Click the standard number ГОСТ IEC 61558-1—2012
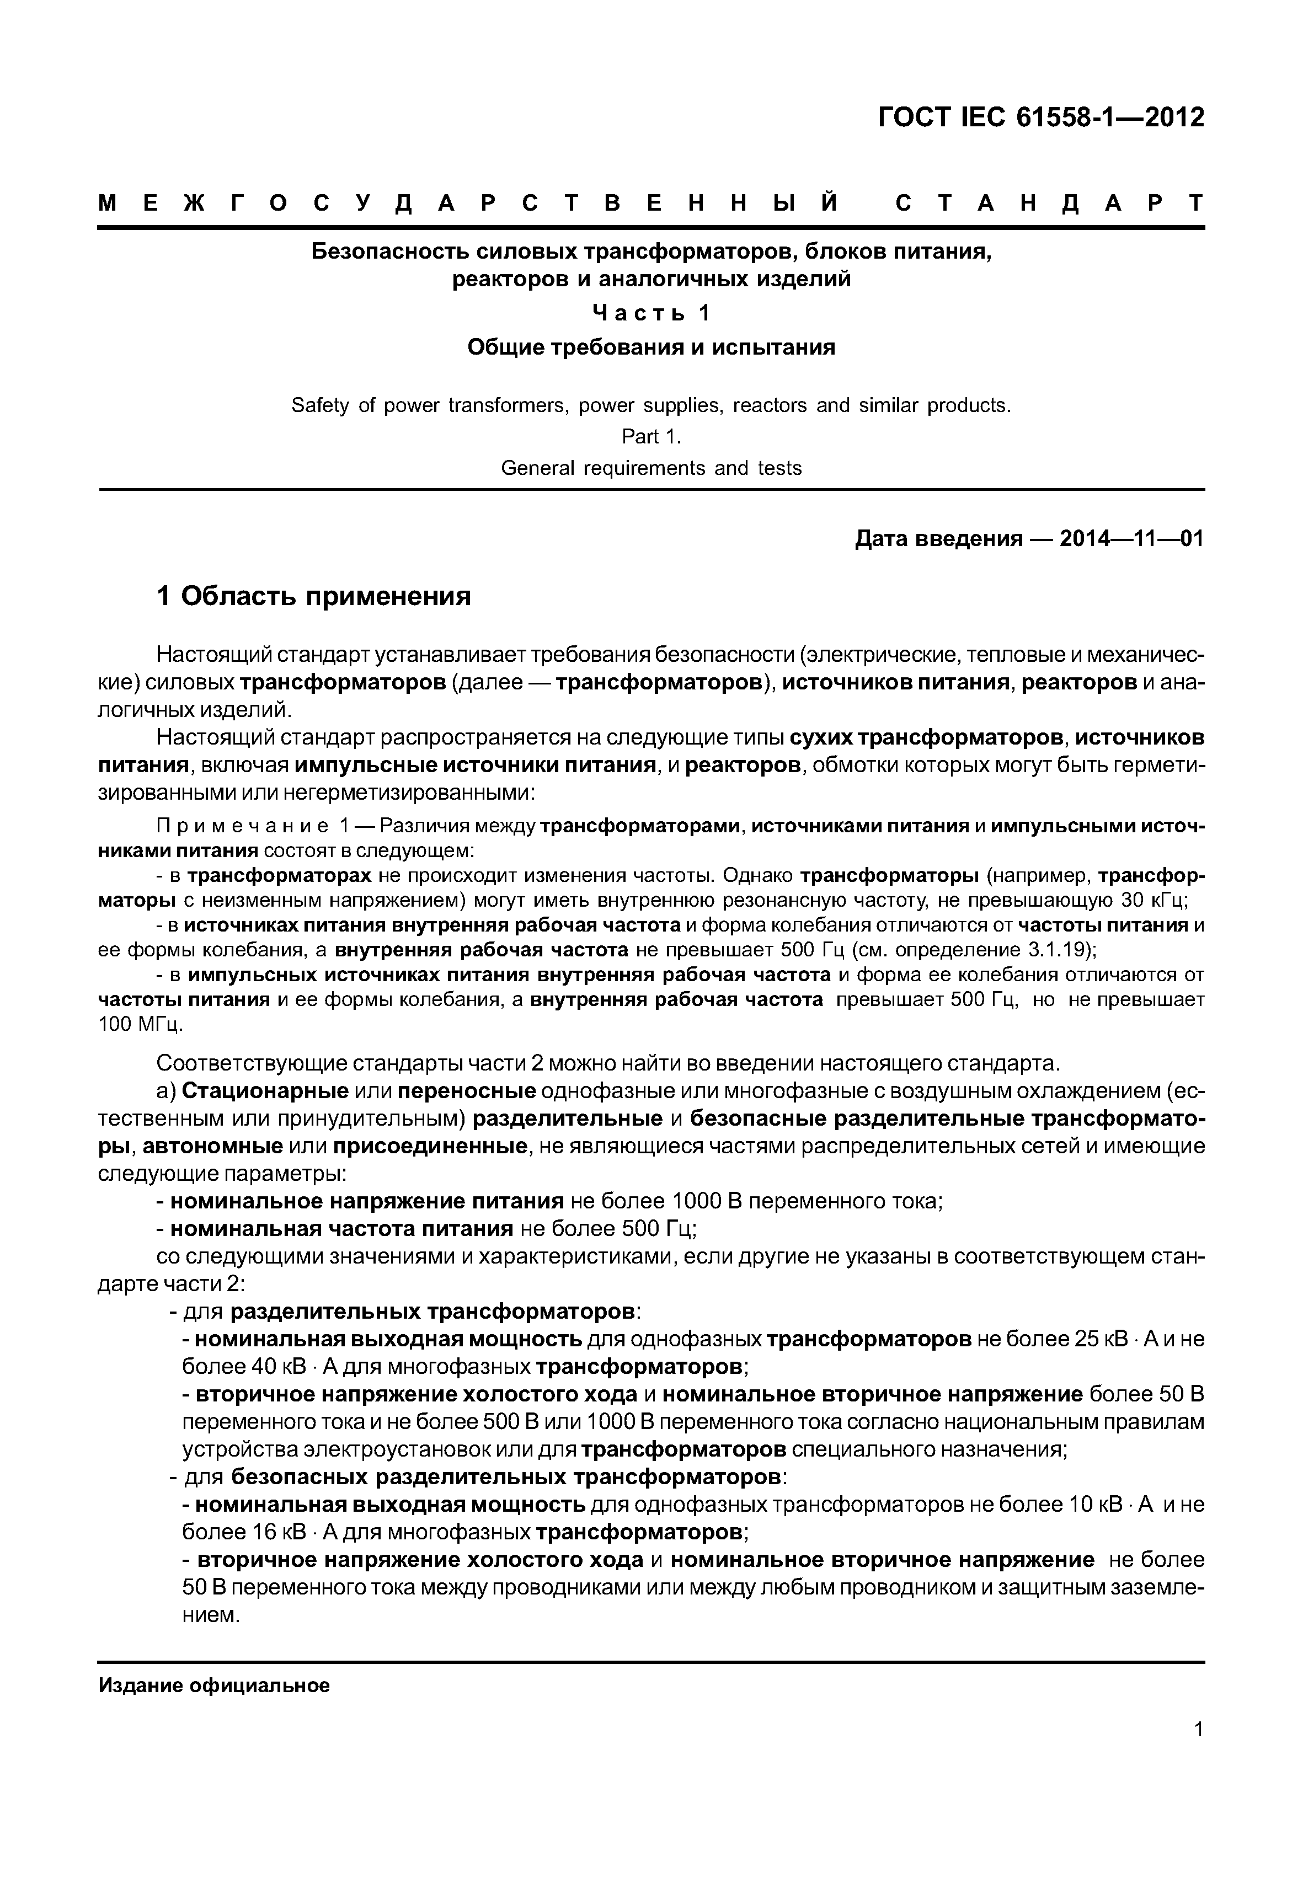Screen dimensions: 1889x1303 (x=1041, y=117)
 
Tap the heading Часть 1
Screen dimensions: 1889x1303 (x=651, y=313)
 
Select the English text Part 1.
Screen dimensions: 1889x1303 (x=651, y=437)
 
